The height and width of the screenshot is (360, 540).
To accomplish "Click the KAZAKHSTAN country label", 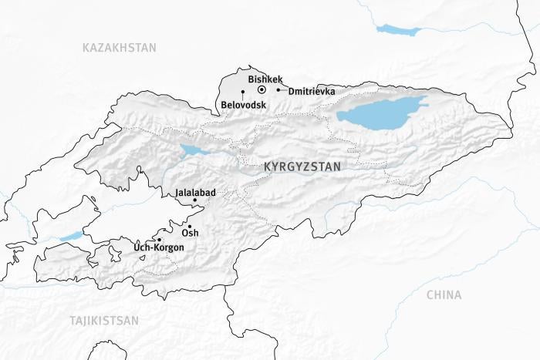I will click(119, 48).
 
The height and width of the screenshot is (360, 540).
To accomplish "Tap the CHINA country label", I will click(444, 294).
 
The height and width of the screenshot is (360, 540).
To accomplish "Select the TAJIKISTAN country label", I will click(103, 320).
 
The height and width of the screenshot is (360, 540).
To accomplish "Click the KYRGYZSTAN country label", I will click(301, 166).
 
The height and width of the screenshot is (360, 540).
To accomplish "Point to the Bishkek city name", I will click(265, 79).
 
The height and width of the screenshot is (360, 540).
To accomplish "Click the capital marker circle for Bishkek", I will click(262, 90).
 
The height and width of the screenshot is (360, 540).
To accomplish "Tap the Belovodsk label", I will click(242, 104).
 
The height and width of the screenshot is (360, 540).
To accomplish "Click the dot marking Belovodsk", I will click(243, 93).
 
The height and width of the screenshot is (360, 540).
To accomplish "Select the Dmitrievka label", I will click(312, 91).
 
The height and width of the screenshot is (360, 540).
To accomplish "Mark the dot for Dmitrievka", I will click(278, 90).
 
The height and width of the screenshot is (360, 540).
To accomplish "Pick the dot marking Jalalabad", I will click(194, 200).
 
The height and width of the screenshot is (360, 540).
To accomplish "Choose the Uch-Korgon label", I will click(159, 247).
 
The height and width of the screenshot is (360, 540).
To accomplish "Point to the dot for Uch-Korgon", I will click(160, 240).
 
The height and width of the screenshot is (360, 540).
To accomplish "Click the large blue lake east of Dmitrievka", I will click(382, 113).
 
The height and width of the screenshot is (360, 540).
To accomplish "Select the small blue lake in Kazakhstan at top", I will click(398, 30).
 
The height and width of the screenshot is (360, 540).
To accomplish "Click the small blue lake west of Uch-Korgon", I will click(71, 236).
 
